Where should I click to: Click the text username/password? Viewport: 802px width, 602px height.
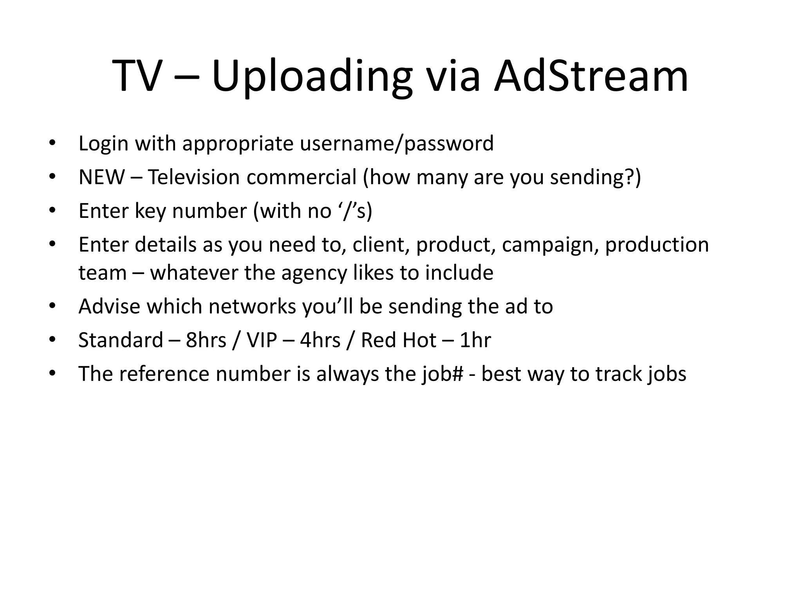[x=397, y=143]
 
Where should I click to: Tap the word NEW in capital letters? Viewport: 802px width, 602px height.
[x=101, y=177]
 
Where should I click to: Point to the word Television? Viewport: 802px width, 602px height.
[x=194, y=177]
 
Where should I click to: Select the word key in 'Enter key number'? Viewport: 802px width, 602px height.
[x=150, y=211]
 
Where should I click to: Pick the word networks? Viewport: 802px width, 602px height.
[x=252, y=306]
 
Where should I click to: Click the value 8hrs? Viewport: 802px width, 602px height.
[x=206, y=340]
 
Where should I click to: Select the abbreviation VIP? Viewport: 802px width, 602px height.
[x=262, y=340]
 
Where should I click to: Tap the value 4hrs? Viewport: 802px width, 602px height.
[x=320, y=340]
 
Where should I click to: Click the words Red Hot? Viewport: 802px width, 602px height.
[x=398, y=340]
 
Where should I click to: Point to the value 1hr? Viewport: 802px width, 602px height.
[x=475, y=340]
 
